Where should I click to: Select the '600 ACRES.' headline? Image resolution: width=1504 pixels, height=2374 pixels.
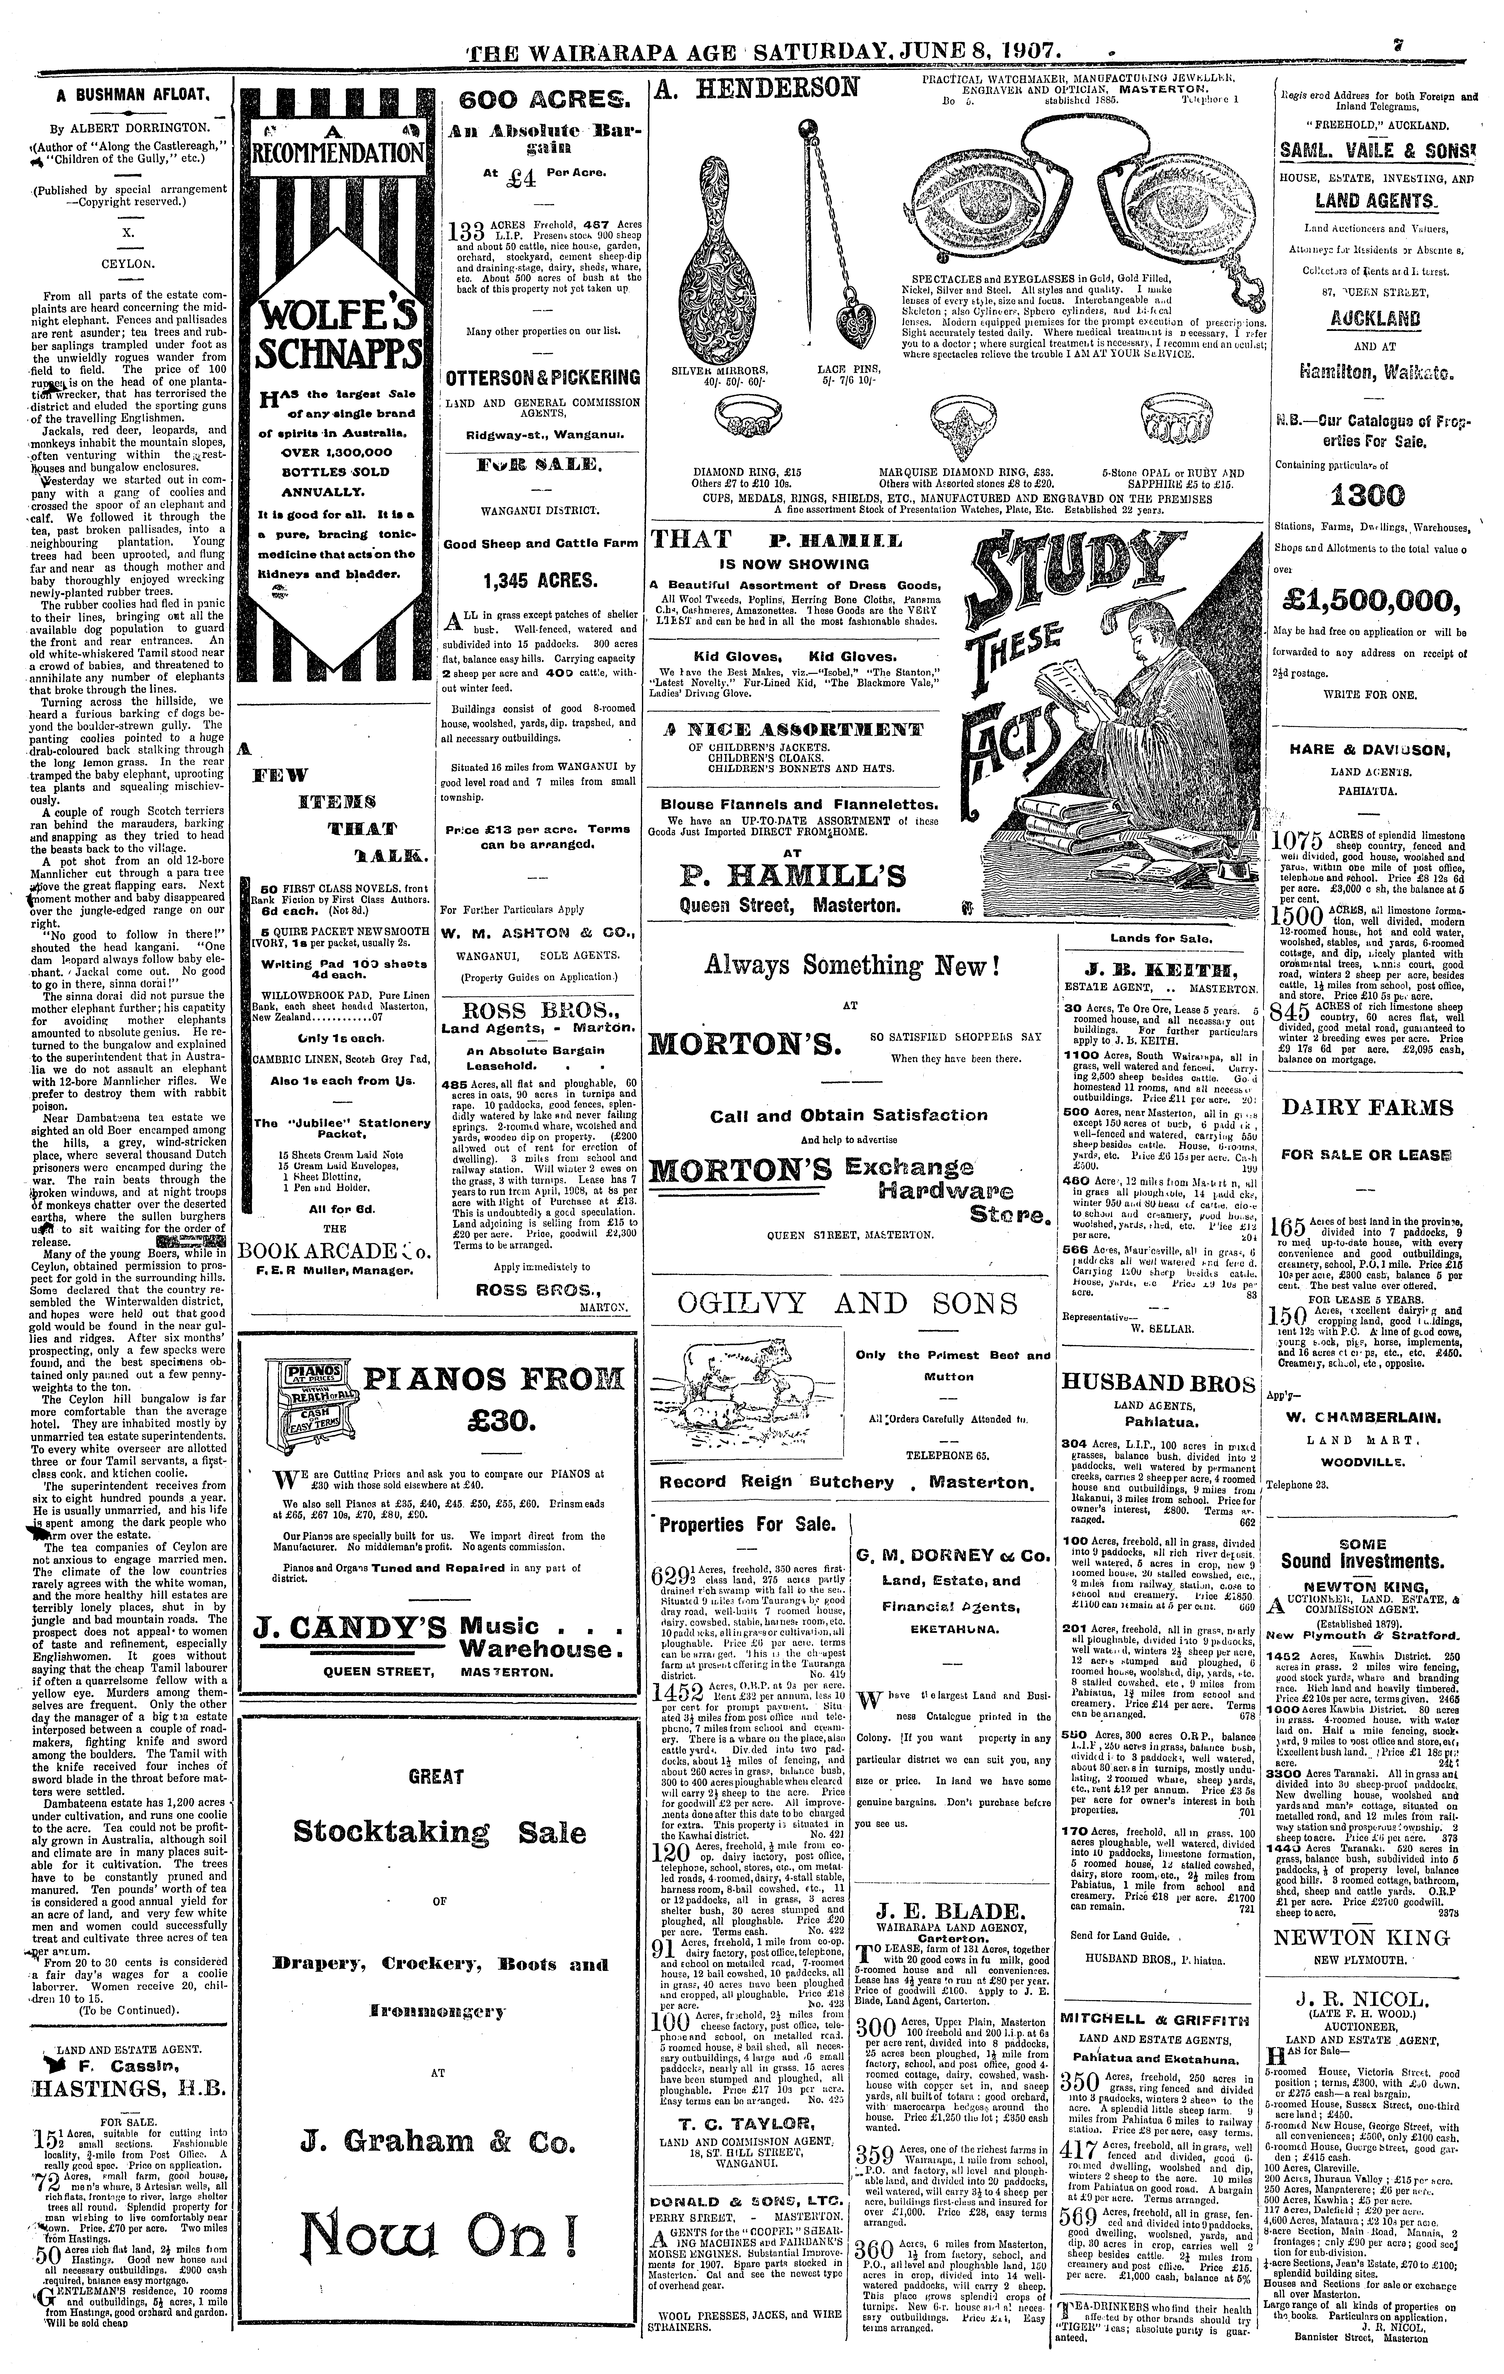tap(544, 100)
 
